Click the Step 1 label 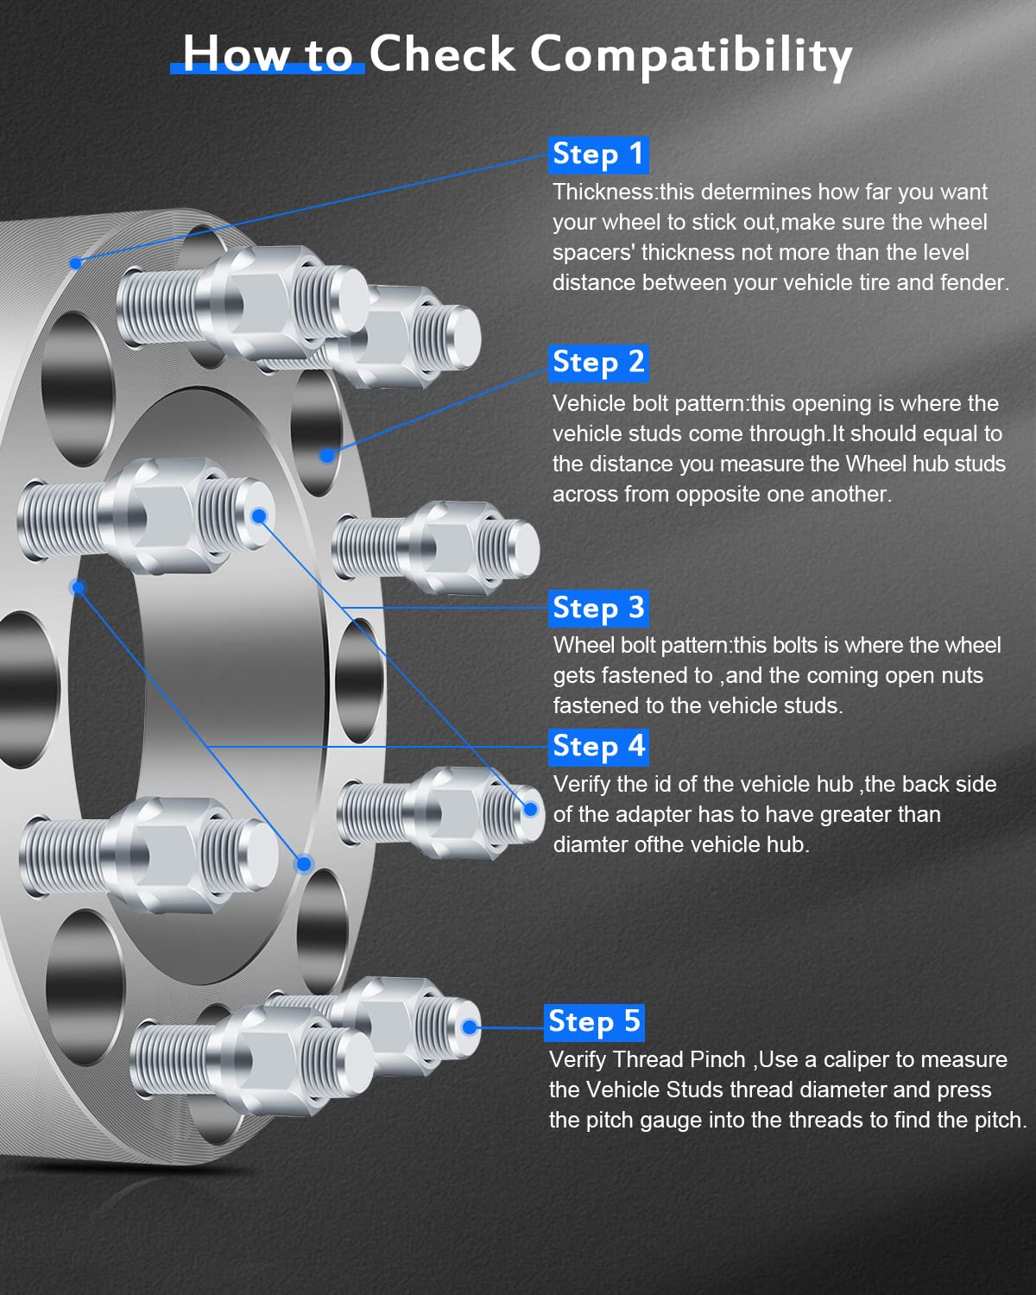coord(598,155)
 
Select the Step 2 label coord(598,362)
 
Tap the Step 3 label coord(598,608)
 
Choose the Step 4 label coord(598,746)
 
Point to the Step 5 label coord(594,1021)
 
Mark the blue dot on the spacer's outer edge coord(76,262)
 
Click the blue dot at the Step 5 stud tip coord(470,1027)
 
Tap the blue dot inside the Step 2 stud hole coord(327,455)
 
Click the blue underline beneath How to coord(268,69)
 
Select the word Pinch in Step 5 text coord(717,1059)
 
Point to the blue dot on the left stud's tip coord(259,516)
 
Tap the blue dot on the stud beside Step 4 coord(531,809)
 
